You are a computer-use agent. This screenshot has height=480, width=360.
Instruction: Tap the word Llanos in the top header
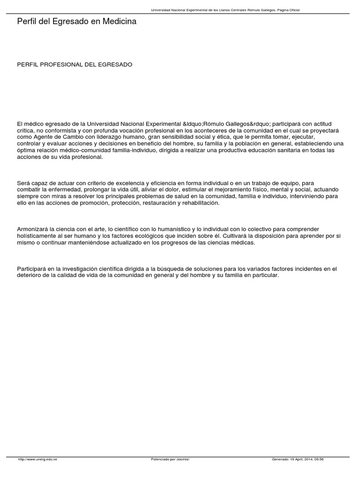point(224,10)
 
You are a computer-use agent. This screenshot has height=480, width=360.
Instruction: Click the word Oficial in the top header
point(293,10)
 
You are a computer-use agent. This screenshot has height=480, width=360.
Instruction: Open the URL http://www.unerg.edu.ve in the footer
point(37,459)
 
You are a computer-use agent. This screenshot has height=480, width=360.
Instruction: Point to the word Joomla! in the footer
point(183,459)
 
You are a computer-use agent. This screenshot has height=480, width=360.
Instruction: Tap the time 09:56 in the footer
point(319,459)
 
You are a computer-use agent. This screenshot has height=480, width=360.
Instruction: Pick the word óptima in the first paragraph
point(26,150)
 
